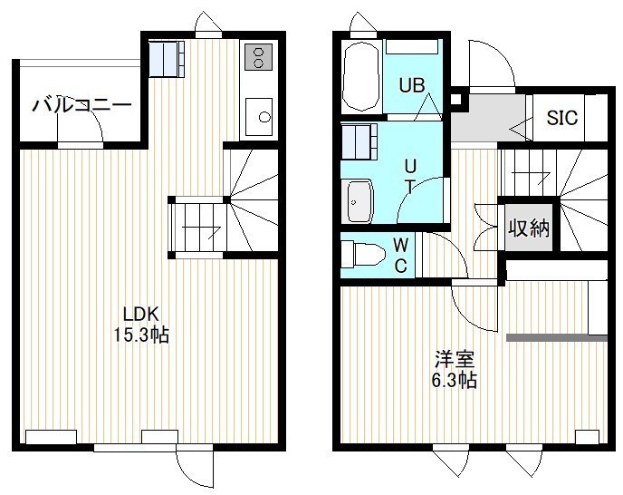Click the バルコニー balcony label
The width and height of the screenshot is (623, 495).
81,105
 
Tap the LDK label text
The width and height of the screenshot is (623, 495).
141,315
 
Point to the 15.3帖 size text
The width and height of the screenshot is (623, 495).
141,335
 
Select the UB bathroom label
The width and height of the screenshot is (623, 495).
412,85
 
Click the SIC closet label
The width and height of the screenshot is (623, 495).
562,117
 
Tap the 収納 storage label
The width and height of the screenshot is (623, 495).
529,228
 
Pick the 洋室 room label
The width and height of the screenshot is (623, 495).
455,359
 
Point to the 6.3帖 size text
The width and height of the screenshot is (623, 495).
455,380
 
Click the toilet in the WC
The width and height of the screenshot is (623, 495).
363,254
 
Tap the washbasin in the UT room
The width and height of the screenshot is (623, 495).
360,201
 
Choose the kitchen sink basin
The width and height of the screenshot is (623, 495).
259,117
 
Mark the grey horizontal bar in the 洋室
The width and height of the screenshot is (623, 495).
557,338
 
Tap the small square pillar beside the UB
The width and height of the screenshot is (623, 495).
455,99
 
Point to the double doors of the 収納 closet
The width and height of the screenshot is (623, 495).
485,228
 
